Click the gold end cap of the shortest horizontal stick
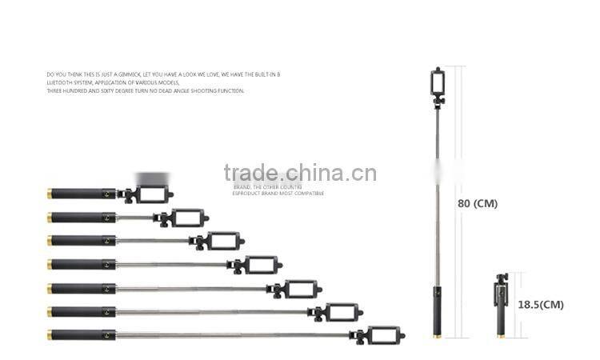point(50,194)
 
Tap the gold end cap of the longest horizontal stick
point(50,335)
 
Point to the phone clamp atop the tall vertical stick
point(438,82)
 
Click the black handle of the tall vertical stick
point(438,307)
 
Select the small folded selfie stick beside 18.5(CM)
point(502,304)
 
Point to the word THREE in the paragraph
point(56,91)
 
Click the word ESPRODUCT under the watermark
point(248,194)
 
